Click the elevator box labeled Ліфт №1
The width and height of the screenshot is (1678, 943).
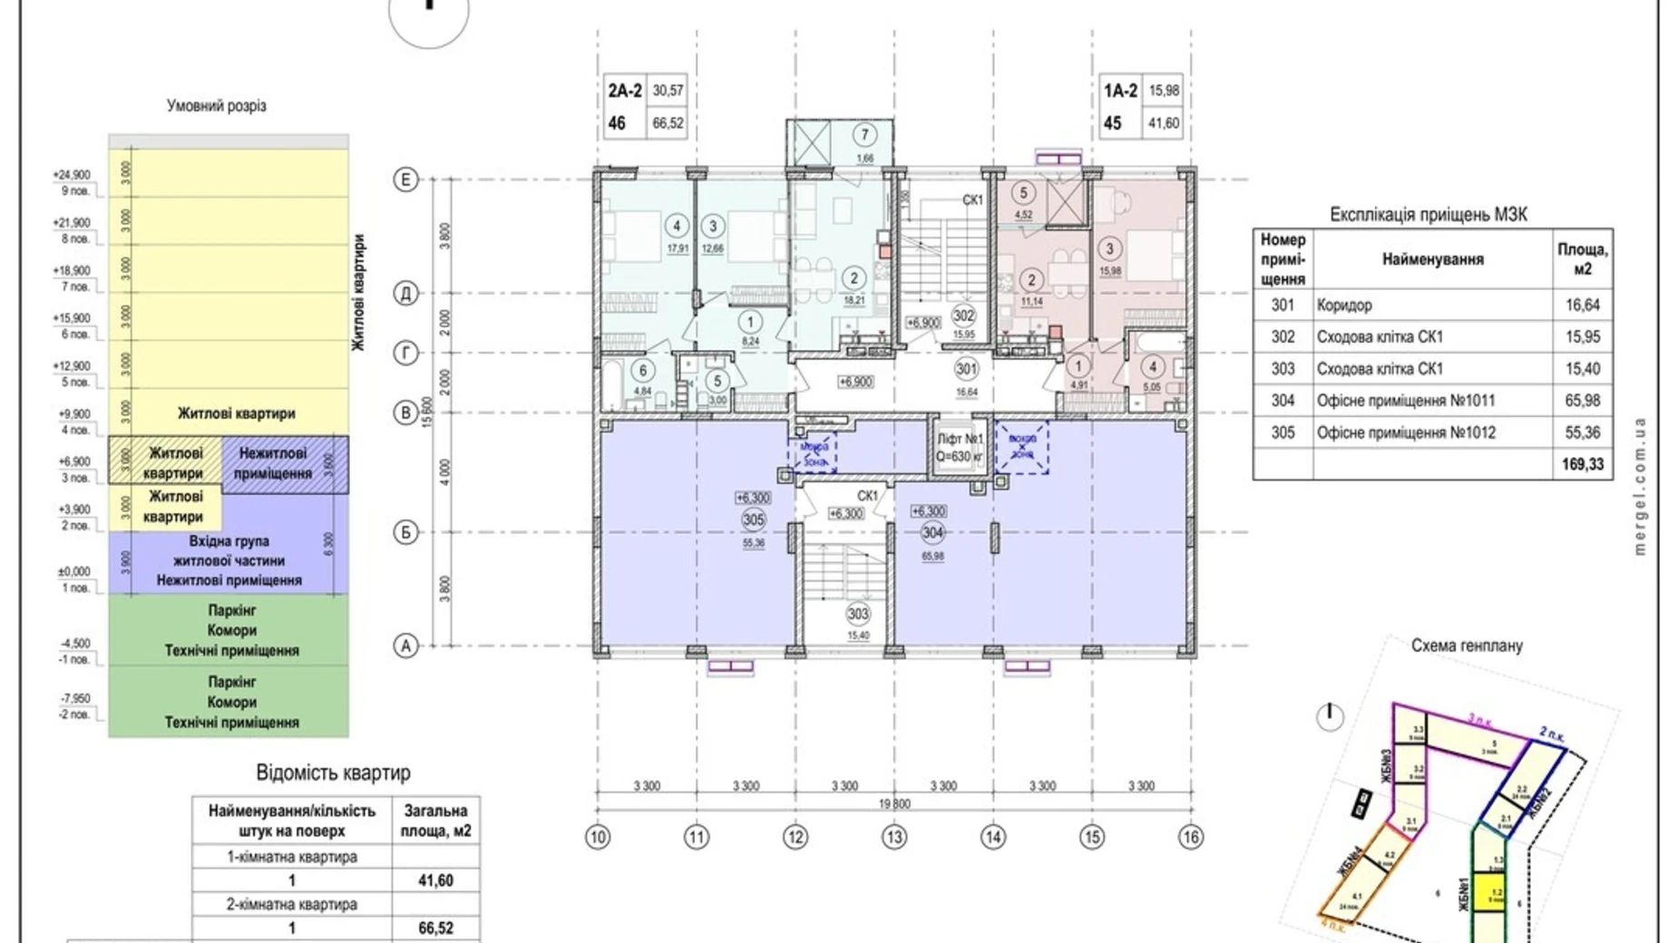tap(960, 447)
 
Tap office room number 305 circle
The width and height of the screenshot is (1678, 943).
tap(753, 520)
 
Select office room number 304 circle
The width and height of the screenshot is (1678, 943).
tap(932, 532)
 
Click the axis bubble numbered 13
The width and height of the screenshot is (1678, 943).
tap(893, 837)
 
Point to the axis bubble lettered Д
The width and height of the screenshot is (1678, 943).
tap(405, 293)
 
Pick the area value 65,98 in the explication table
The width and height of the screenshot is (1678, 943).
tap(1582, 400)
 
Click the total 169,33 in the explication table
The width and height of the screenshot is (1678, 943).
tap(1582, 464)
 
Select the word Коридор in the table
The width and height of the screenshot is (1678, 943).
tap(1344, 306)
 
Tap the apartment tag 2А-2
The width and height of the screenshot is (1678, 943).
tap(625, 91)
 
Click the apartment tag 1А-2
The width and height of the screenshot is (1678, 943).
tap(1120, 91)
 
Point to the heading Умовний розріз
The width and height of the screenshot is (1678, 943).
tap(217, 106)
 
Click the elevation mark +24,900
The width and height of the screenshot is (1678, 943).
tap(72, 175)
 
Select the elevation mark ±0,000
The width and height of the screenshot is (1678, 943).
tap(73, 571)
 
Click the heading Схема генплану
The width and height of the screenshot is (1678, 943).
tap(1466, 646)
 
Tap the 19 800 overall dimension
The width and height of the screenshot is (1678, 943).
tap(893, 803)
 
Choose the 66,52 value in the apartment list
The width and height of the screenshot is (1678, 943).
tap(435, 928)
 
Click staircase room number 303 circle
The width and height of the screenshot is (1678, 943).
tap(857, 614)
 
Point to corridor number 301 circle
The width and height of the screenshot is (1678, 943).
tap(966, 369)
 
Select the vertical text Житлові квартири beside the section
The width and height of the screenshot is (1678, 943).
tap(359, 292)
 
